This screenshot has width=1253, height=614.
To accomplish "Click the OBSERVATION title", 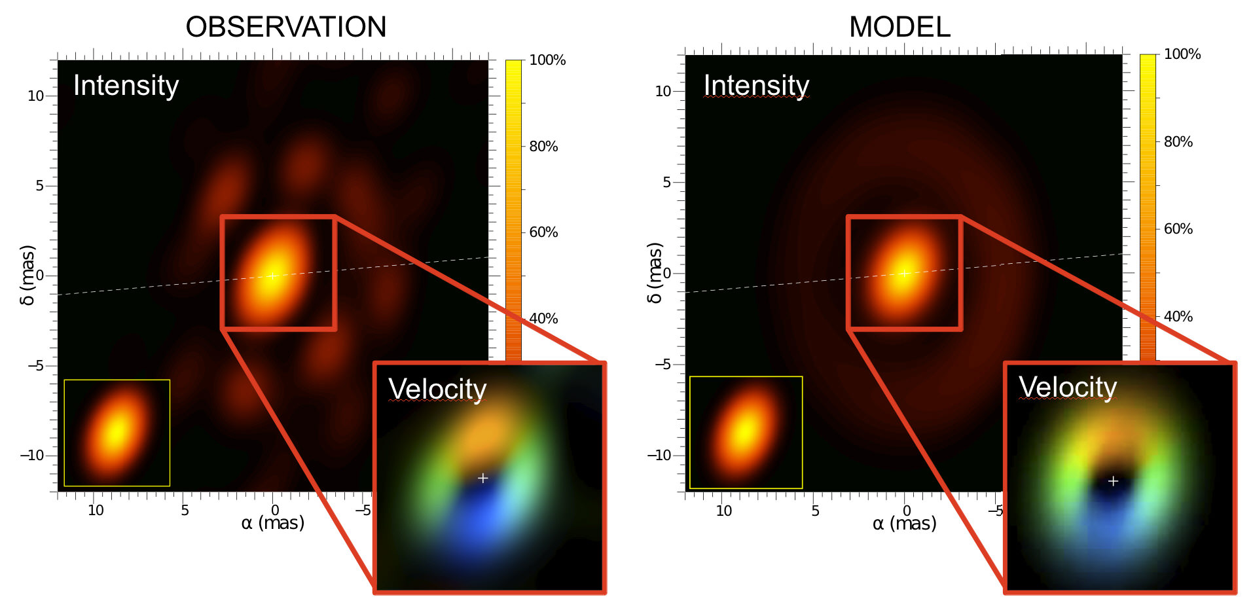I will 286,27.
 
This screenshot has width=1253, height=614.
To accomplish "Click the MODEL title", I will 899,27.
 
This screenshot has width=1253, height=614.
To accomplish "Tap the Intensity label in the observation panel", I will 126,86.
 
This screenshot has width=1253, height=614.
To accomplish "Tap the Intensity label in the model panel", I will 756,86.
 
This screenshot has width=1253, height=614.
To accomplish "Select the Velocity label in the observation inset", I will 437,389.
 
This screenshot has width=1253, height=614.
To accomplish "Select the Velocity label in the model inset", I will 1068,387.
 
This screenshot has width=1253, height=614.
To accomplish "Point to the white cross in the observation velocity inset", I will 482,479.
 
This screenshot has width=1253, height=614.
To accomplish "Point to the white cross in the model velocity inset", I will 1113,481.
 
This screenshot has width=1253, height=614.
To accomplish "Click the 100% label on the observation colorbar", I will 547,60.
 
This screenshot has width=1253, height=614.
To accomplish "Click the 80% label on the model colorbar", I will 1178,141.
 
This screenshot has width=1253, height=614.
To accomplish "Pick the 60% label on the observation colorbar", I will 543,232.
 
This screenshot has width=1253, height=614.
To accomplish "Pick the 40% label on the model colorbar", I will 1178,317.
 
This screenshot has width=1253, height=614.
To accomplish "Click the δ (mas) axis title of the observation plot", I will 27,275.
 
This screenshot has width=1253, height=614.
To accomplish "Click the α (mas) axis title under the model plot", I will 904,524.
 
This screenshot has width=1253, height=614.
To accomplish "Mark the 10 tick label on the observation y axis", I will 35,96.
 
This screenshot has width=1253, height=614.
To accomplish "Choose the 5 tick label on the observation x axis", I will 185,511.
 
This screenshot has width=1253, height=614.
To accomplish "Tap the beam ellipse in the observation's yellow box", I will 117,432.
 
